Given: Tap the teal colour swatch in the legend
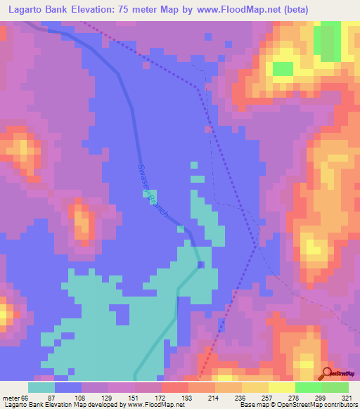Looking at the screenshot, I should pos(41,387).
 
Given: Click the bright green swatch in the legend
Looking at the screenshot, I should pos(308,387).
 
